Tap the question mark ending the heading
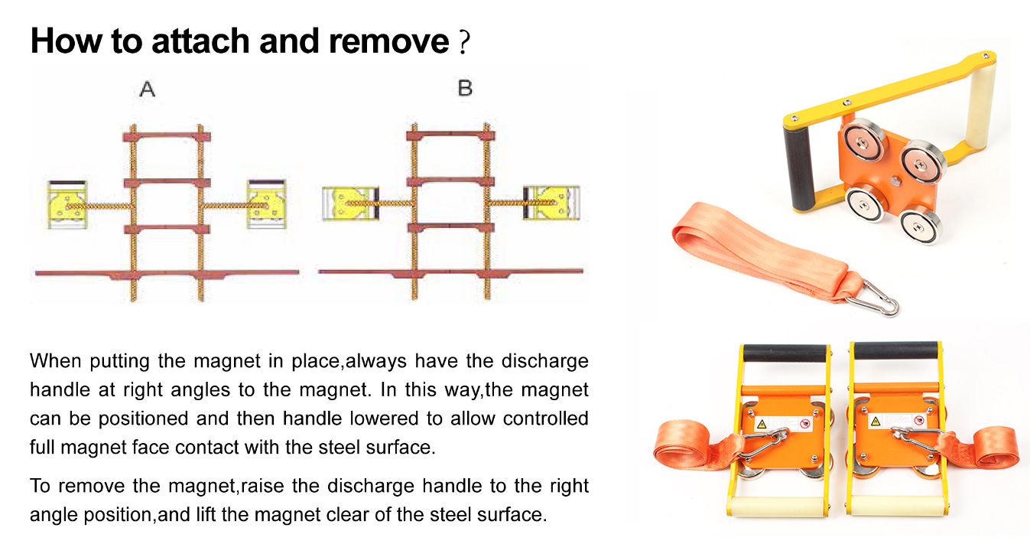tap(462, 43)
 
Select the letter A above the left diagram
tap(148, 90)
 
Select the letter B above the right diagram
tap(465, 89)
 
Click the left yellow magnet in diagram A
tap(67, 205)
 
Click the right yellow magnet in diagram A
tap(265, 205)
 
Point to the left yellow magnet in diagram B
tap(349, 204)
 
